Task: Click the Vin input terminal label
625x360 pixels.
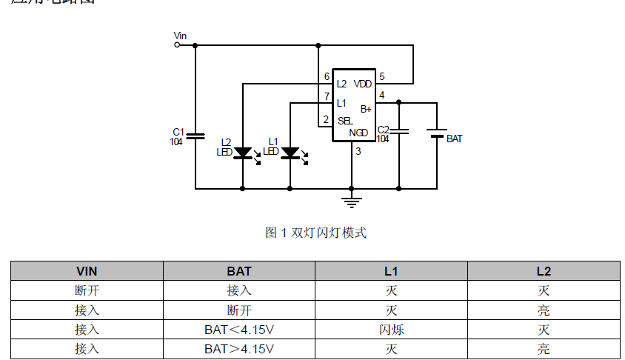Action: tap(180, 35)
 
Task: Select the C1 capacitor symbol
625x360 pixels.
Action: tap(195, 136)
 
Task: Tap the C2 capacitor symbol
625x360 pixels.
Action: tap(399, 131)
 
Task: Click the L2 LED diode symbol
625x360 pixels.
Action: tap(243, 153)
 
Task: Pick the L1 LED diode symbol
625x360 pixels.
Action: tap(290, 153)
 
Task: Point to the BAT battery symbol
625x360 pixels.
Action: tap(437, 133)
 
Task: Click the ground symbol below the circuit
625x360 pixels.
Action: tap(351, 200)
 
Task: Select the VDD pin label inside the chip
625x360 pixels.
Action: tap(363, 84)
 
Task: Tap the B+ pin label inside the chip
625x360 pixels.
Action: tap(366, 108)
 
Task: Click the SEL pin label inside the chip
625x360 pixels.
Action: tap(345, 121)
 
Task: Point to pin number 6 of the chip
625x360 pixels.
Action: tap(327, 77)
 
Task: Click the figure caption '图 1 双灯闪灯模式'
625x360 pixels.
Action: tap(315, 233)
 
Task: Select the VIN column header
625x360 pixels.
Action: tap(87, 271)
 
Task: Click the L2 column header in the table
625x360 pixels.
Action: tap(544, 271)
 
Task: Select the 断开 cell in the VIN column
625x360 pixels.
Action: tap(87, 290)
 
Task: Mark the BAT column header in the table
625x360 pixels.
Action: tap(239, 271)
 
